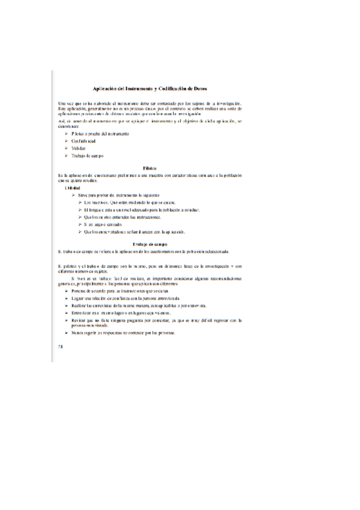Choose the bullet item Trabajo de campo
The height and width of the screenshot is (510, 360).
[87, 156]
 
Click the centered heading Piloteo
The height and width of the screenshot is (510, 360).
[150, 167]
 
